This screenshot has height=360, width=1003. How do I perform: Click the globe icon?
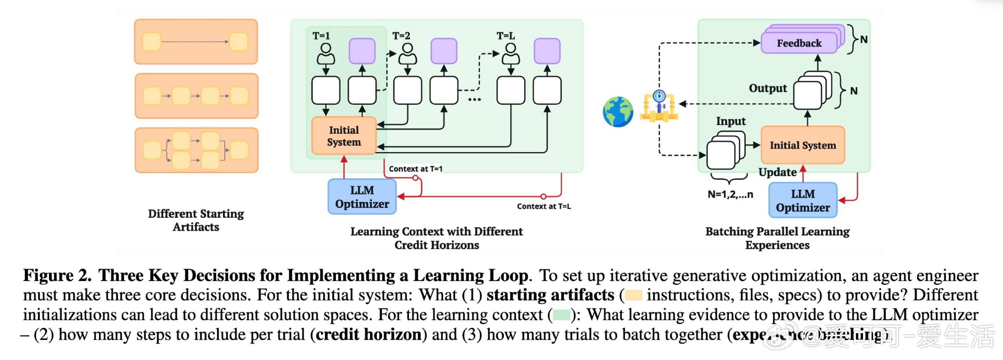click(618, 112)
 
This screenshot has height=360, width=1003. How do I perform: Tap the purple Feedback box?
click(799, 43)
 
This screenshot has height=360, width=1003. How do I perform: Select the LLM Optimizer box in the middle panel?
click(362, 197)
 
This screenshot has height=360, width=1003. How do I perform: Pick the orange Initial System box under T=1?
click(344, 136)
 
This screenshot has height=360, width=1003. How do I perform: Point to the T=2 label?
click(401, 36)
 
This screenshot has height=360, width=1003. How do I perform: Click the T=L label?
click(505, 36)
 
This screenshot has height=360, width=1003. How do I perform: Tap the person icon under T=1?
click(326, 54)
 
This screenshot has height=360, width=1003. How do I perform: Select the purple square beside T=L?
click(547, 51)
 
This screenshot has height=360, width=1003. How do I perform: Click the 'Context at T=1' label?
click(415, 169)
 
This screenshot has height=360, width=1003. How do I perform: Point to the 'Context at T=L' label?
click(544, 206)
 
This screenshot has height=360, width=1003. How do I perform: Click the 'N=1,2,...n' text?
click(730, 194)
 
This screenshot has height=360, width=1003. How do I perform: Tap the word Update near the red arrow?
click(777, 172)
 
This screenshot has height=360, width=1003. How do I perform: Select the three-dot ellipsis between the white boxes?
click(474, 100)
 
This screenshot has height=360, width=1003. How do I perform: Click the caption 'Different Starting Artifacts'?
click(196, 220)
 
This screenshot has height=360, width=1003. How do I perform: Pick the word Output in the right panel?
click(767, 88)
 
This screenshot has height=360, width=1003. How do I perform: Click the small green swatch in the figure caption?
click(561, 314)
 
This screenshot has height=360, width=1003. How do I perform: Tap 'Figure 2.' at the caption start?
click(57, 276)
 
